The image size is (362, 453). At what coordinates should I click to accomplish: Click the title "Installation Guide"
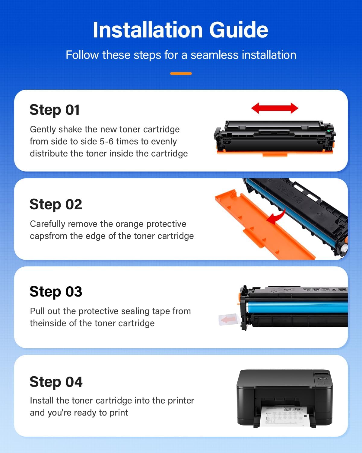click(180, 30)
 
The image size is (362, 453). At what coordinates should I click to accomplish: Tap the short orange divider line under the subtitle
click(181, 73)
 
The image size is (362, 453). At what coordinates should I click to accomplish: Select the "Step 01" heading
click(55, 110)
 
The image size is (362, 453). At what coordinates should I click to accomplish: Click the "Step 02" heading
click(56, 204)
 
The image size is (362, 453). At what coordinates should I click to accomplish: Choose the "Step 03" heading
click(56, 292)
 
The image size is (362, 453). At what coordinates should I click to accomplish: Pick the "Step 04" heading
click(56, 382)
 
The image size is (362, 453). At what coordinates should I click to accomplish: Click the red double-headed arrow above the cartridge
click(275, 108)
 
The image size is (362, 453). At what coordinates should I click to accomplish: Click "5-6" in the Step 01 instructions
click(106, 141)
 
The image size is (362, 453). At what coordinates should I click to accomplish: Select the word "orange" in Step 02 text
click(129, 224)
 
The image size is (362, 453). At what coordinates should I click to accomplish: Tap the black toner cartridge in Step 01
click(275, 137)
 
